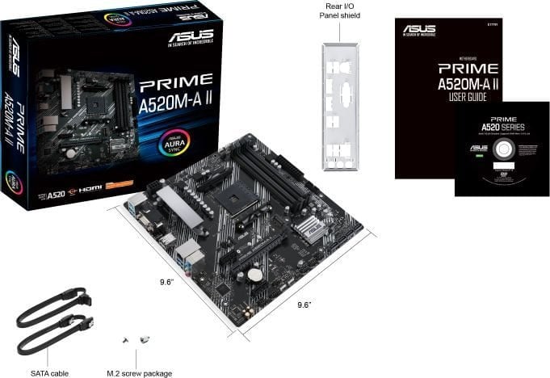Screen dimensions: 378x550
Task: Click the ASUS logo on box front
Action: point(191,38)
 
